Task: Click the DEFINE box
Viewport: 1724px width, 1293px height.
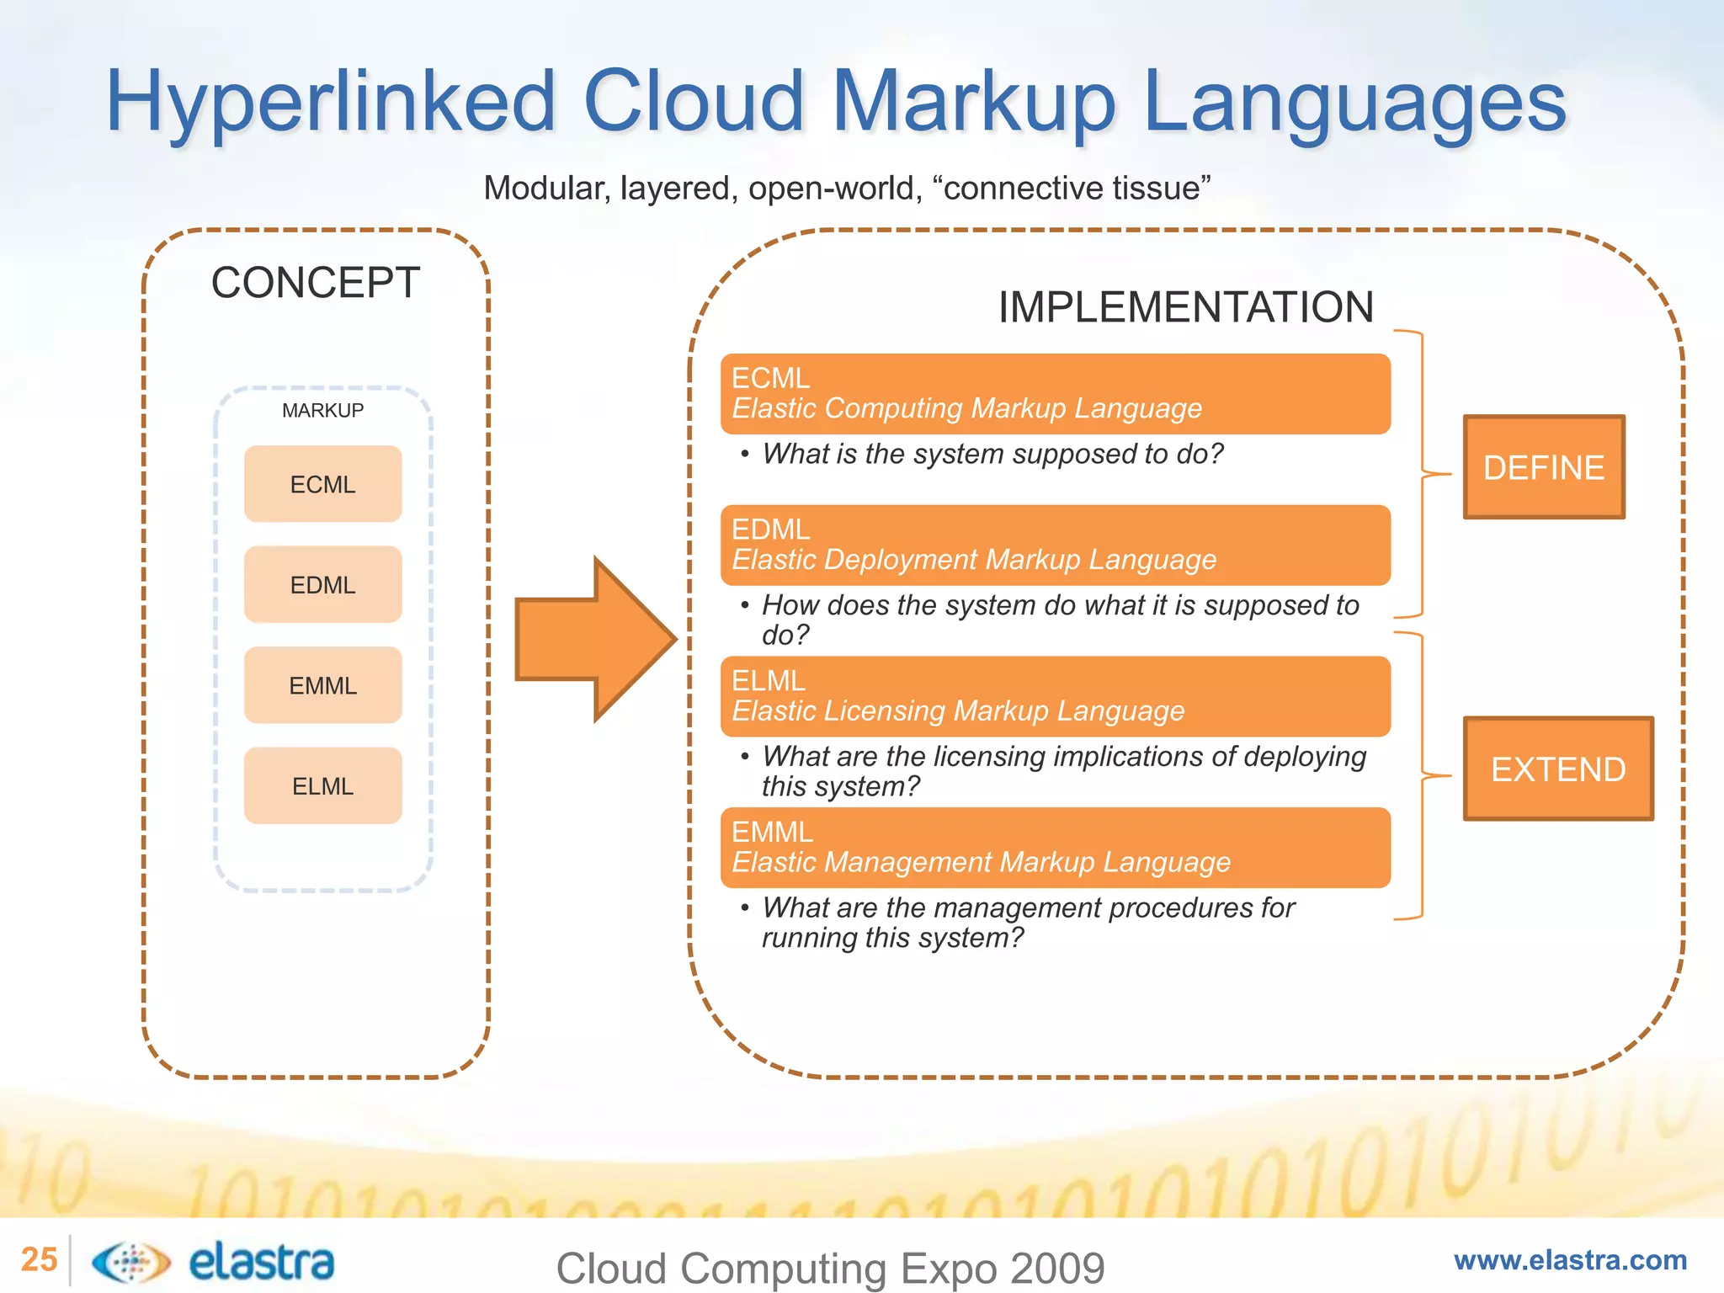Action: point(1543,467)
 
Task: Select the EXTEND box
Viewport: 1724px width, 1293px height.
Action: point(1557,769)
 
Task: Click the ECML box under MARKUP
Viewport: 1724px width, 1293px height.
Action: point(322,484)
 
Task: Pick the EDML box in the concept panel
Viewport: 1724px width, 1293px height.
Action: point(322,584)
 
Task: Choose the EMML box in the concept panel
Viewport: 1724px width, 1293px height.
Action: point(322,685)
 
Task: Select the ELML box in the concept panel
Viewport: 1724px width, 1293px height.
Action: point(322,785)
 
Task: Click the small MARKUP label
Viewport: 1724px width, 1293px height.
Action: point(322,410)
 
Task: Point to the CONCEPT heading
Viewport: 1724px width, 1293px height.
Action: point(315,283)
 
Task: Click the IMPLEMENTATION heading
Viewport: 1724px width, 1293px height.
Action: point(1185,307)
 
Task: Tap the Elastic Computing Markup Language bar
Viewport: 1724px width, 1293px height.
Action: point(1055,394)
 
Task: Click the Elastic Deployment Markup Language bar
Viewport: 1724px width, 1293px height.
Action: point(1055,545)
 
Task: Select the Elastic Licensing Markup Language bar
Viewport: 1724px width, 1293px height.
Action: point(1055,696)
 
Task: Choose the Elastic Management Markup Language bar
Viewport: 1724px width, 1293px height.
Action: point(1055,848)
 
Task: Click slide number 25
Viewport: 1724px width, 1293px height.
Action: point(39,1259)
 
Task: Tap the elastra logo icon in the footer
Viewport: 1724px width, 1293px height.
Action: point(130,1262)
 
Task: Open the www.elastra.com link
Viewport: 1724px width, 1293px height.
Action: point(1570,1260)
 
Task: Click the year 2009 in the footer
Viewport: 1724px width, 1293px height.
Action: point(1056,1268)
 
